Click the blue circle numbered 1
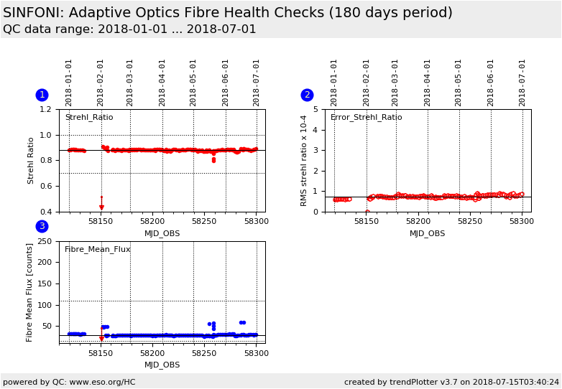[42, 95]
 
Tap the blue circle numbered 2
[307, 95]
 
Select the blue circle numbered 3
[42, 226]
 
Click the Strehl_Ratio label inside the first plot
[89, 118]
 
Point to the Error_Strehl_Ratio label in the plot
[366, 118]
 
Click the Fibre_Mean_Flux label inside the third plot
[98, 250]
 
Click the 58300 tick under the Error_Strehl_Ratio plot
[521, 222]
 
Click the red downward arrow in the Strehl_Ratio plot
[101, 207]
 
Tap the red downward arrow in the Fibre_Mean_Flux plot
[101, 338]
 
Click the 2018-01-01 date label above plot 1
[69, 82]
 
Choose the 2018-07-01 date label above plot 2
[522, 82]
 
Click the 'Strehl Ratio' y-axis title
[31, 161]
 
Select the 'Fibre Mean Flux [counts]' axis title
[30, 292]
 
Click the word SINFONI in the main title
[34, 13]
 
